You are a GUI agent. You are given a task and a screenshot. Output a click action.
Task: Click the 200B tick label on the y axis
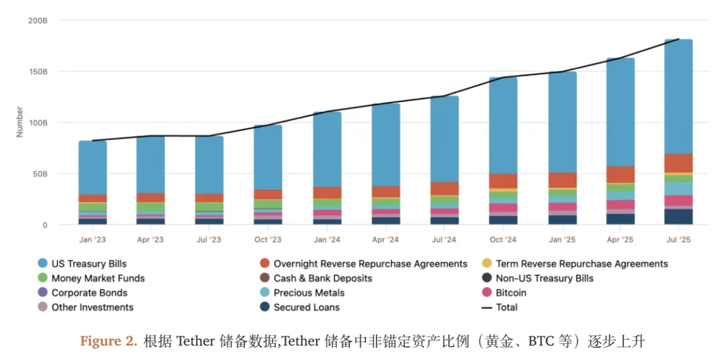pos(37,21)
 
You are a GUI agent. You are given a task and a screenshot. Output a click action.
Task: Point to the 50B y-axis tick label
pos(40,174)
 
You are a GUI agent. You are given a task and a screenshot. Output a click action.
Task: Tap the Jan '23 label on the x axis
pos(92,239)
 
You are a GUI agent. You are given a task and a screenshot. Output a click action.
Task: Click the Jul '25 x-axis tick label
pos(678,239)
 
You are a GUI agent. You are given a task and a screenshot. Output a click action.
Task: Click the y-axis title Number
pos(19,122)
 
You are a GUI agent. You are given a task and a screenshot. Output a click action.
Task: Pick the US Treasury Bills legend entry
pos(89,264)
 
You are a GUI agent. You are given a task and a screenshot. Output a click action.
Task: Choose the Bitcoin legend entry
pos(511,293)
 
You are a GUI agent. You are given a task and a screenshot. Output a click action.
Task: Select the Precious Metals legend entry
pos(309,293)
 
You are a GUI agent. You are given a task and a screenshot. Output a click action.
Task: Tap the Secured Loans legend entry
pos(306,307)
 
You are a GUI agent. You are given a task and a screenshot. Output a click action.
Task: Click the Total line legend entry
pos(506,307)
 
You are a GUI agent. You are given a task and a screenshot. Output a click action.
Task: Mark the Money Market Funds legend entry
pos(98,278)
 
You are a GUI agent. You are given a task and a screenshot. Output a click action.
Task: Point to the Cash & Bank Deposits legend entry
pos(323,278)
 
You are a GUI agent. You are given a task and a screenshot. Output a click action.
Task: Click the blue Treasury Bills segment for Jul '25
pos(678,97)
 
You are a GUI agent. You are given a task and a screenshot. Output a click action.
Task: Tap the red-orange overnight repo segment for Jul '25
pos(678,163)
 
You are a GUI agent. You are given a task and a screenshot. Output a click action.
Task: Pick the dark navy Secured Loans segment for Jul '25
pos(678,217)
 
